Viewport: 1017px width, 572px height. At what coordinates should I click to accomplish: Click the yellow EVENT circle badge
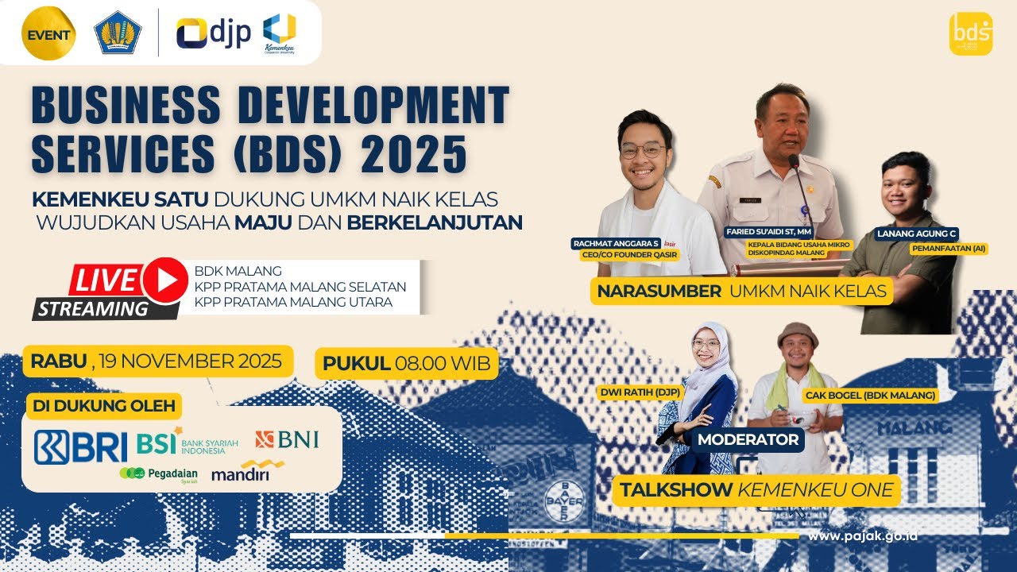[48, 34]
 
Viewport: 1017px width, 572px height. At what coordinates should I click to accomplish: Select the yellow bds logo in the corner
[970, 34]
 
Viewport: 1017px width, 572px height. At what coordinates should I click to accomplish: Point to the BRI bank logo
[80, 446]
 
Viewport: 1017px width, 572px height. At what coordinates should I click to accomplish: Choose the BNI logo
[287, 439]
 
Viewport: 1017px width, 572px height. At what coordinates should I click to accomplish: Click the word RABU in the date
[59, 361]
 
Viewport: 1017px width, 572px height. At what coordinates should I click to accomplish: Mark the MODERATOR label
[748, 439]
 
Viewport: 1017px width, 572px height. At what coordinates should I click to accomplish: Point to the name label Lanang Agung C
[916, 234]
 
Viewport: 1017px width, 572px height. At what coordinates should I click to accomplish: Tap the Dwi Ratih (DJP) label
[633, 392]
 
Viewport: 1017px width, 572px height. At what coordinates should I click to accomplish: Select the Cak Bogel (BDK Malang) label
[870, 395]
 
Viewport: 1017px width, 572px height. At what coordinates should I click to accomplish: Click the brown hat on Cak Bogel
[797, 334]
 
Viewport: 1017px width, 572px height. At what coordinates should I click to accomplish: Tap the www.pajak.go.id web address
[863, 536]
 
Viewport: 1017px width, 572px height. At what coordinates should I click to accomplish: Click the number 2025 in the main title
[414, 155]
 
